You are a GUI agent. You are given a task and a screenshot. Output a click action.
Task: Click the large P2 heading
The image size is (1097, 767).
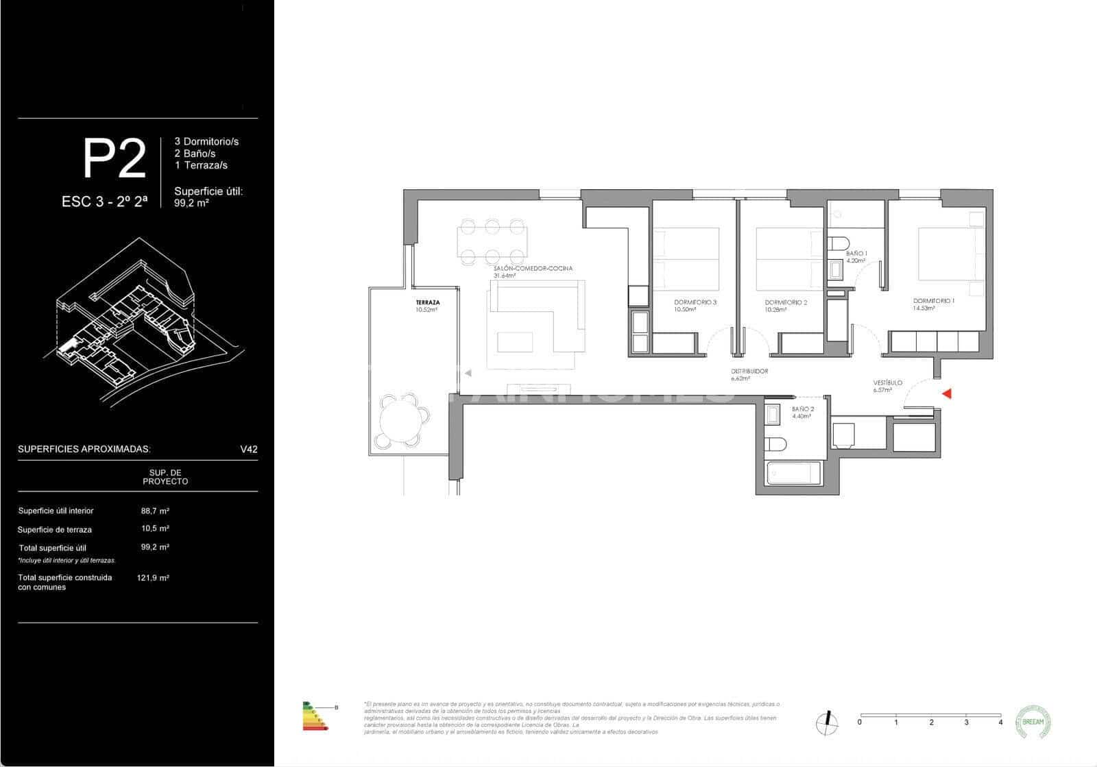click(x=114, y=159)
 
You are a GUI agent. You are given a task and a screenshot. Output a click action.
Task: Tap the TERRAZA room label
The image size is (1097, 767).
click(x=427, y=302)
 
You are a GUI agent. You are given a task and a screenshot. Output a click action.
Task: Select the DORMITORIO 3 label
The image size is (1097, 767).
click(x=695, y=302)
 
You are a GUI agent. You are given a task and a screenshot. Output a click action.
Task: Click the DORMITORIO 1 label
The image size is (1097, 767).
click(x=933, y=301)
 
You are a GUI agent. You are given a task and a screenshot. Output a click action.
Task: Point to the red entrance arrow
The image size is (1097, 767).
click(x=947, y=393)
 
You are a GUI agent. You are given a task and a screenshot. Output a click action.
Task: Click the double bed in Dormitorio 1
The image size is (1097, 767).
click(x=950, y=253)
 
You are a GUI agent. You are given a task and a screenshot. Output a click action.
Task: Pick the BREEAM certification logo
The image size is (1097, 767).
click(x=1033, y=722)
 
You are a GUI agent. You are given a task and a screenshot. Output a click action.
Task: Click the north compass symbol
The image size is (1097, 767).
click(x=828, y=722)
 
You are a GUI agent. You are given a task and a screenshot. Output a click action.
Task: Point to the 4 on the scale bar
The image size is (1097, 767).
click(x=1000, y=722)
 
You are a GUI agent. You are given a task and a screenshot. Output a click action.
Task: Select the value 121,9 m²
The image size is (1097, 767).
click(x=153, y=578)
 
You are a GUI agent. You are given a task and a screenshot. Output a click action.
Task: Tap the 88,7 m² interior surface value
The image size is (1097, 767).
click(x=155, y=511)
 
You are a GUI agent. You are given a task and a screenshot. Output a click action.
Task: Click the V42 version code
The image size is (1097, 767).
click(x=248, y=450)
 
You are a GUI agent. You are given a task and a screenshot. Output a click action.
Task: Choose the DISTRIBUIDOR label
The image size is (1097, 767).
click(x=749, y=371)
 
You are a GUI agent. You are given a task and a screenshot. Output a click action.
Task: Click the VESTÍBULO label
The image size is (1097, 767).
click(x=887, y=382)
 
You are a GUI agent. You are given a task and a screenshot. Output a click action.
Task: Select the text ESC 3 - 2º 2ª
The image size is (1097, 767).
click(x=104, y=202)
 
